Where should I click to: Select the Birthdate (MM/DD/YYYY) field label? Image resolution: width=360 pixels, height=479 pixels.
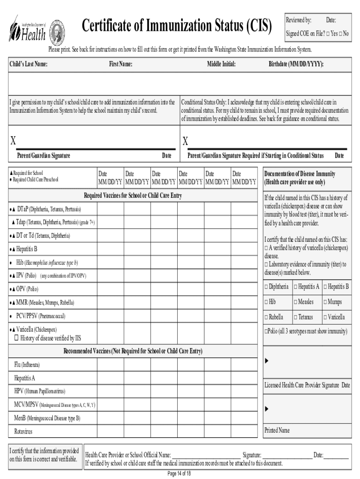click(x=296, y=64)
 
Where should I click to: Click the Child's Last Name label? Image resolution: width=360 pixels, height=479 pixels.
click(x=29, y=64)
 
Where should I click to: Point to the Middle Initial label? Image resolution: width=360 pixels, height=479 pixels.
click(x=221, y=64)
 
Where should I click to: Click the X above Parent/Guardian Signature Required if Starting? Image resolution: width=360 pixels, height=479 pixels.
click(x=185, y=141)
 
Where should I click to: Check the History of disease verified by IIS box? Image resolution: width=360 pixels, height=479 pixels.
click(x=16, y=338)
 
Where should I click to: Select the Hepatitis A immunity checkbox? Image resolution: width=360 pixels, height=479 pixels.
click(x=295, y=287)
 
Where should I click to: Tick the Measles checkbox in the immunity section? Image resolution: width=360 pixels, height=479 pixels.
click(x=295, y=302)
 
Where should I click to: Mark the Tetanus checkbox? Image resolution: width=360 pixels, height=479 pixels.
click(x=295, y=317)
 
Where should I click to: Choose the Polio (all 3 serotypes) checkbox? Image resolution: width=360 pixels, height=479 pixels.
click(x=266, y=331)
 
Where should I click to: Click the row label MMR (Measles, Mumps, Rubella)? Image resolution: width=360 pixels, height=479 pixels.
click(x=42, y=303)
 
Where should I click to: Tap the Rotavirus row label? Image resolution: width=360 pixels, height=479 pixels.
click(x=23, y=431)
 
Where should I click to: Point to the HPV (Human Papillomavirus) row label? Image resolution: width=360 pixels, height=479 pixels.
click(x=40, y=391)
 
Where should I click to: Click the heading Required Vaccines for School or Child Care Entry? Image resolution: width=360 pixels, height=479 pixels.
click(x=133, y=196)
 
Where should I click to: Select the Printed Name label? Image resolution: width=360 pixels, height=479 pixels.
click(x=277, y=430)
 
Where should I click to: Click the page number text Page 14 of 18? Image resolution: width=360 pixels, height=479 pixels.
click(x=179, y=473)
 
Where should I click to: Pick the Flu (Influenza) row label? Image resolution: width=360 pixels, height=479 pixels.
click(x=27, y=364)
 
